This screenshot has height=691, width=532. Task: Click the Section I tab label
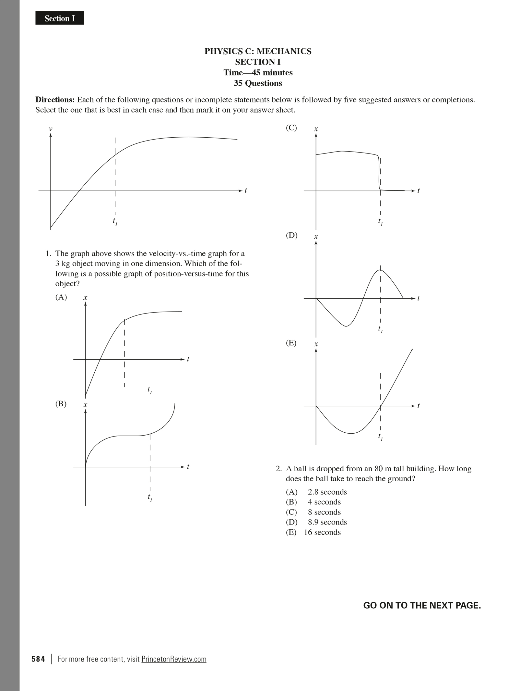point(60,18)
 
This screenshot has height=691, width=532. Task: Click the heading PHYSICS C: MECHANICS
point(258,51)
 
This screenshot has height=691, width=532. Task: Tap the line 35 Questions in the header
point(258,83)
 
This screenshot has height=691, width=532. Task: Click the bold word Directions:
point(55,100)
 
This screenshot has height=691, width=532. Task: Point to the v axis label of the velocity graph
point(51,129)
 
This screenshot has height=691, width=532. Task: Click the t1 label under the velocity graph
point(115,221)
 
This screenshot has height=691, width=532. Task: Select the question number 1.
point(48,253)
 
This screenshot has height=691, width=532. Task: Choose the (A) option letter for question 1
point(61,297)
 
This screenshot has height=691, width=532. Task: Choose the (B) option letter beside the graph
point(61,404)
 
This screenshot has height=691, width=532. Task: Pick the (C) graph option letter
point(291,128)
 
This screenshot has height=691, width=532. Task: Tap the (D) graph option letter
point(291,235)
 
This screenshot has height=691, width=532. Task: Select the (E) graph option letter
point(291,343)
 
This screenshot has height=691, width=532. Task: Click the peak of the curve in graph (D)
point(380,270)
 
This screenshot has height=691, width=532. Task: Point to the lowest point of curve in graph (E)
point(351,433)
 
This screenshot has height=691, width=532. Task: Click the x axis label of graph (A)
point(85,298)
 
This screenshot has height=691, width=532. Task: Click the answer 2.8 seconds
point(327,492)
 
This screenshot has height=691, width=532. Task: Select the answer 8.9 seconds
point(327,522)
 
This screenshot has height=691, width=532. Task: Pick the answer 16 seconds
point(322,532)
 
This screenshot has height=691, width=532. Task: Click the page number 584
point(38,659)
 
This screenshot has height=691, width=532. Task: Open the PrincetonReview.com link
point(174,659)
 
